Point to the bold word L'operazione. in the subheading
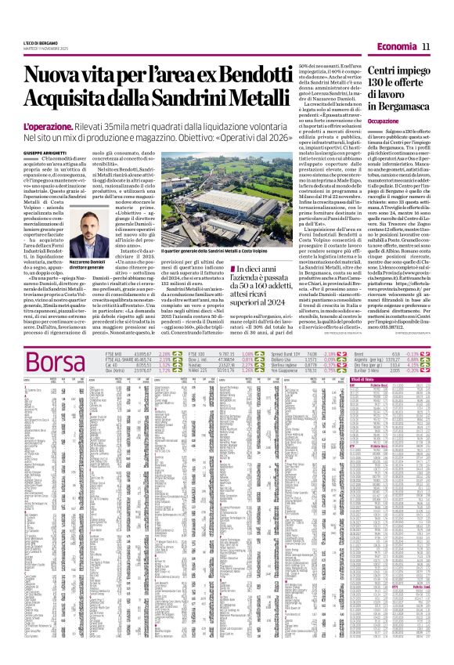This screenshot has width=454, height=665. tap(52, 126)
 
